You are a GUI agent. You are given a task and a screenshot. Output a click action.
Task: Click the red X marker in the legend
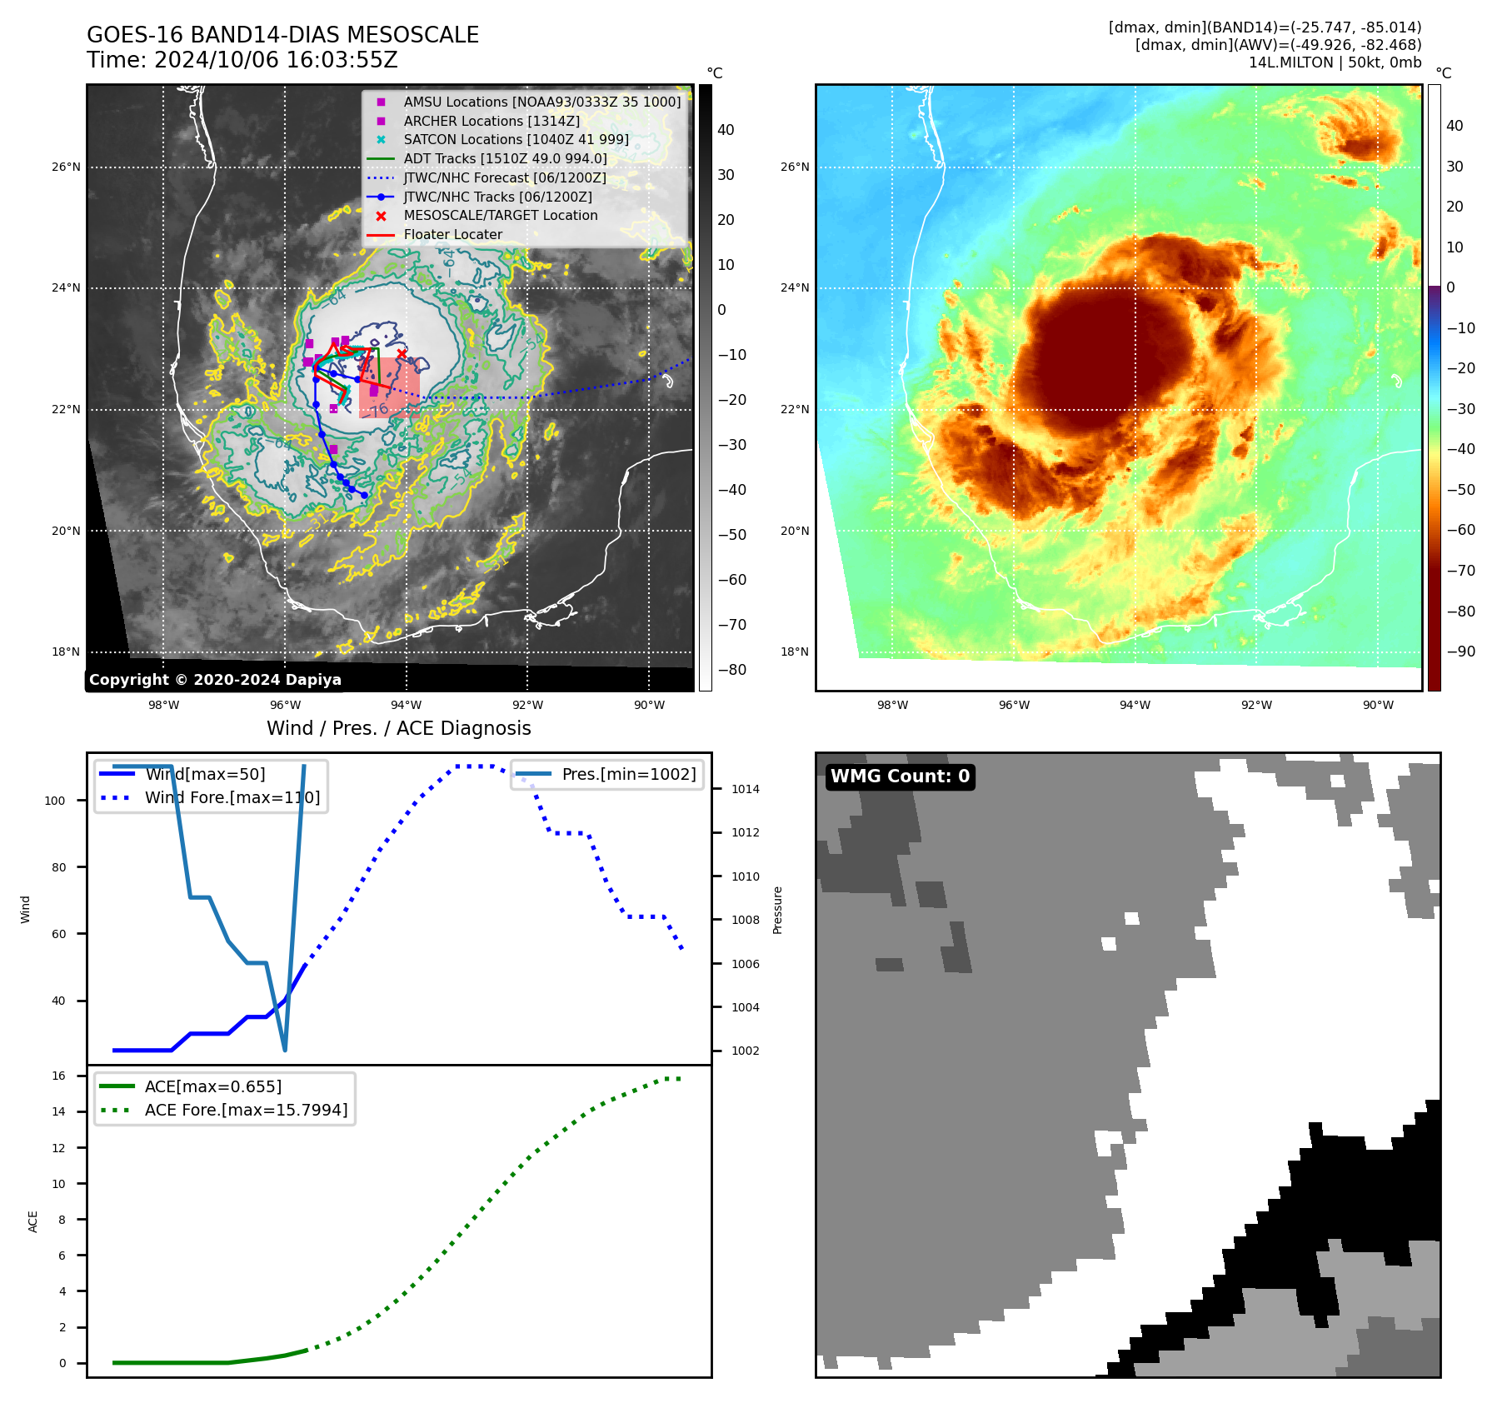381,216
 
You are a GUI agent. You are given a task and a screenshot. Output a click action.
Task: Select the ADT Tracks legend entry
505,158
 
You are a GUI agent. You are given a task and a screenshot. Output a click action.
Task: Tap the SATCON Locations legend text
516,139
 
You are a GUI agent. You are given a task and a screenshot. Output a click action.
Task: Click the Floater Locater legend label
452,235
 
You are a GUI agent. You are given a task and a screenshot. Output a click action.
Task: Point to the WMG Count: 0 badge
900,776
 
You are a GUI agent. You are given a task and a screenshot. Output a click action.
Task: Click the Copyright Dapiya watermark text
215,680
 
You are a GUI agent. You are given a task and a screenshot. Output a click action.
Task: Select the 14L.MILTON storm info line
1335,62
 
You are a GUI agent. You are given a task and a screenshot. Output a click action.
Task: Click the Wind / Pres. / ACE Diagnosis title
398,728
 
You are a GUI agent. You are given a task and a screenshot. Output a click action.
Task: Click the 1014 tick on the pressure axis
745,789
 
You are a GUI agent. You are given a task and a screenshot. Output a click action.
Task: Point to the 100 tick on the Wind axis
54,801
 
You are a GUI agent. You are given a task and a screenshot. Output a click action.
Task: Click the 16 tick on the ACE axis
58,1076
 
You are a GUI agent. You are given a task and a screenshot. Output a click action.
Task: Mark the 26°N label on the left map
66,167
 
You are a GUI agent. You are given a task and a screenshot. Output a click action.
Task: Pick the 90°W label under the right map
1377,705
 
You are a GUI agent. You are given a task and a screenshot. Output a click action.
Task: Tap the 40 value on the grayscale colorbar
726,130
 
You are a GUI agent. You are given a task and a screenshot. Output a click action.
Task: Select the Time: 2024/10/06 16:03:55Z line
242,60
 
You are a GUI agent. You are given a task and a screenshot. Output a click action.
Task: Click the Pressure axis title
777,909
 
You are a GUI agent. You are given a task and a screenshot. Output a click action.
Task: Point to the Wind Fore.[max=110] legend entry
232,797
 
